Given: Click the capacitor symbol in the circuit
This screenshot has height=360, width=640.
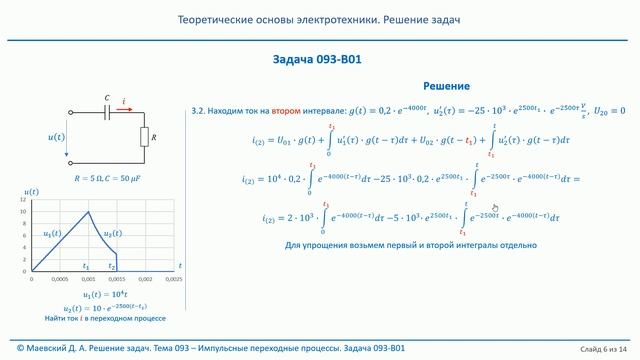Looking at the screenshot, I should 107,112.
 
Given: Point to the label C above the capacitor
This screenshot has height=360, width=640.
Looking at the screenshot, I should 107,98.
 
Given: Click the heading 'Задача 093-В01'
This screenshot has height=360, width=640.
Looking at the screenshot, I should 317,59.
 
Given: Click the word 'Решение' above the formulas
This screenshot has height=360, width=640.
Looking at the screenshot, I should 446,87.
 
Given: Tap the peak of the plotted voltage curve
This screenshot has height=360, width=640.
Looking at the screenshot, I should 89,211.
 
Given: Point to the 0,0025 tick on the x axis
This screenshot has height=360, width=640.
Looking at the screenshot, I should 173,280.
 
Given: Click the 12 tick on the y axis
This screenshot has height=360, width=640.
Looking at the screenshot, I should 22,200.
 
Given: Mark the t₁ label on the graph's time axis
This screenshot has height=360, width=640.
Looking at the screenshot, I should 85,267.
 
